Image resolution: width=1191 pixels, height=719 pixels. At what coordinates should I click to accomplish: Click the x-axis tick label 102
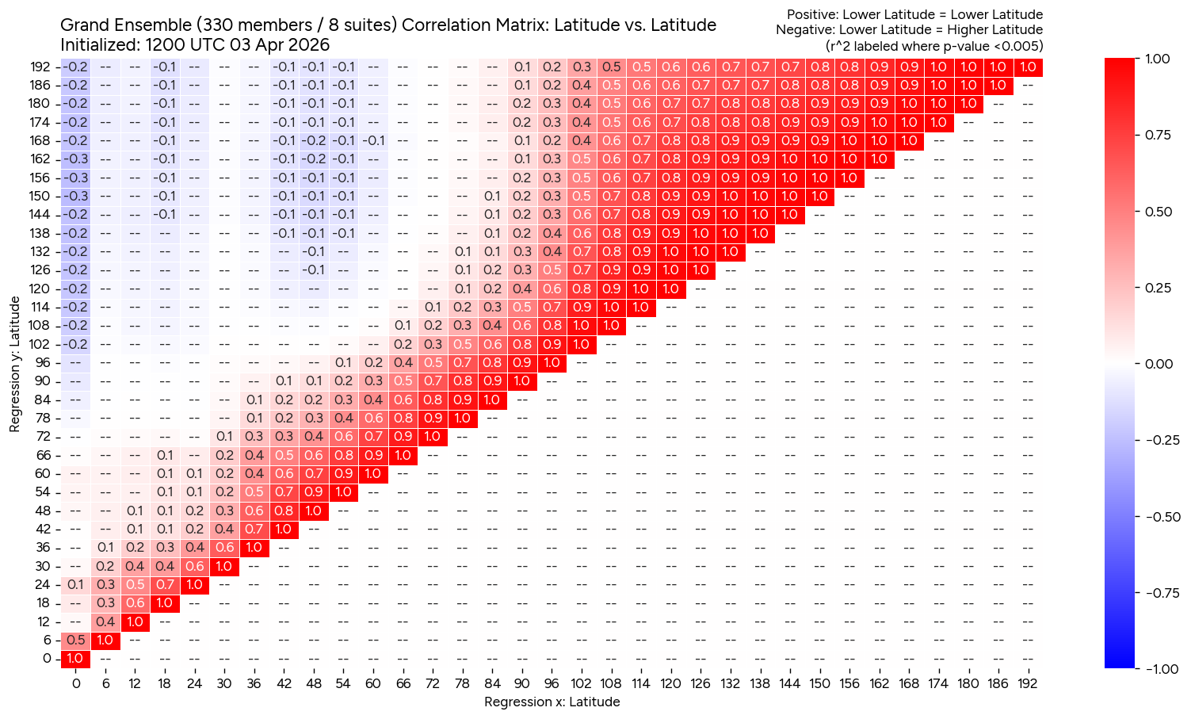pyautogui.click(x=582, y=683)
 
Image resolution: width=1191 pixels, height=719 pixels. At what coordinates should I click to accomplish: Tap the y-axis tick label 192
pyautogui.click(x=40, y=67)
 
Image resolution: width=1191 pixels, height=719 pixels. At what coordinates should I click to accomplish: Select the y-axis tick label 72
pyautogui.click(x=44, y=437)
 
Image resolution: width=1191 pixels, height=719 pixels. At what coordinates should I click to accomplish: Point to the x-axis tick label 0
pyautogui.click(x=75, y=683)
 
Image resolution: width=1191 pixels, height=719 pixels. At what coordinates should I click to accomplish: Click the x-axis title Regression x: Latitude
pyautogui.click(x=552, y=702)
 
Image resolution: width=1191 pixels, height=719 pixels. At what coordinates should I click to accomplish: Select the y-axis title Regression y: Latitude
pyautogui.click(x=14, y=364)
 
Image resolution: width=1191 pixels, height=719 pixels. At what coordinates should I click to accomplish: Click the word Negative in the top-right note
pyautogui.click(x=804, y=30)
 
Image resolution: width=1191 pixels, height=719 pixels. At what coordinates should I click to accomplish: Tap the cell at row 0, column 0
pyautogui.click(x=75, y=659)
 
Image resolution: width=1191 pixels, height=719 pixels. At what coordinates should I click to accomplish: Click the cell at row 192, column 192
pyautogui.click(x=1028, y=67)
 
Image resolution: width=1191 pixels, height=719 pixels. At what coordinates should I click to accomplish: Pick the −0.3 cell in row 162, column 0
pyautogui.click(x=75, y=159)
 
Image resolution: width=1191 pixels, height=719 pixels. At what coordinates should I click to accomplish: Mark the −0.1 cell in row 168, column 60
pyautogui.click(x=373, y=141)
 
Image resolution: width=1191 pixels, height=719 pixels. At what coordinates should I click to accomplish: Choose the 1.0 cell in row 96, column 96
pyautogui.click(x=552, y=363)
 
